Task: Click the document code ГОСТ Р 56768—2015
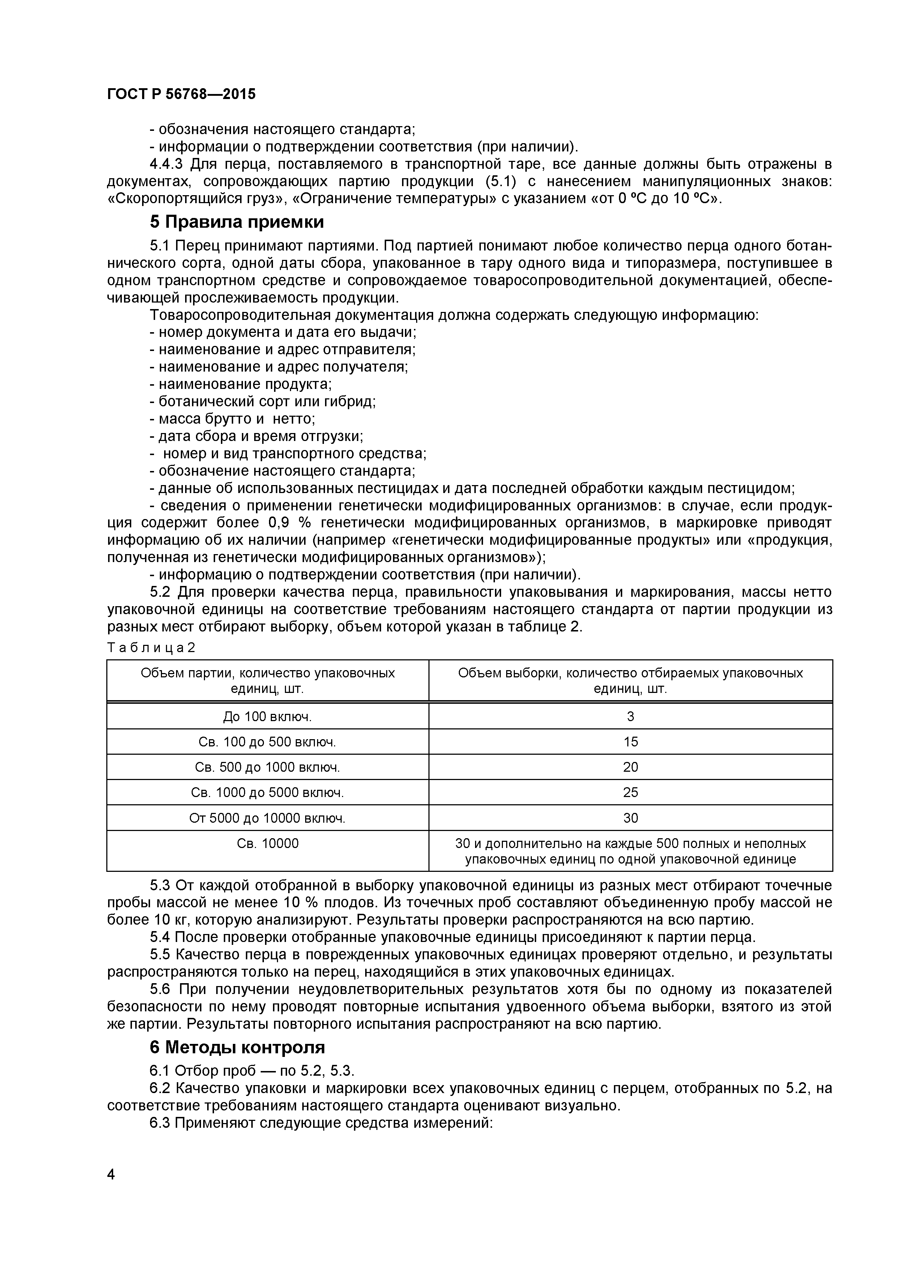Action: click(x=181, y=94)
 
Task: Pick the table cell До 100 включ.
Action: click(x=267, y=717)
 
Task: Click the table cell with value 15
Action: click(x=630, y=742)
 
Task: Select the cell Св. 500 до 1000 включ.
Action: click(x=267, y=767)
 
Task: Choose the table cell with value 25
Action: click(x=630, y=792)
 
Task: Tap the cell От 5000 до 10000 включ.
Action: click(x=267, y=818)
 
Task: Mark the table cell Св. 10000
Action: click(x=267, y=843)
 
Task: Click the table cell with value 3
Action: click(x=630, y=717)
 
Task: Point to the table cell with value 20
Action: click(x=630, y=767)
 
